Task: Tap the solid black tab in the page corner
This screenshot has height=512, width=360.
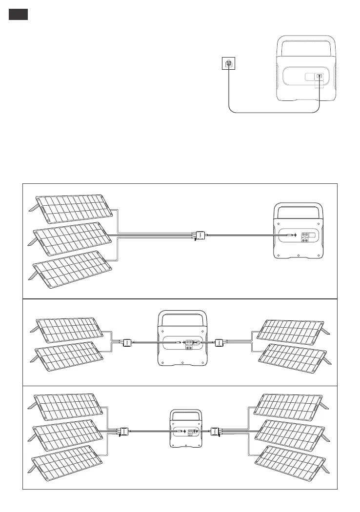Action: pos(18,14)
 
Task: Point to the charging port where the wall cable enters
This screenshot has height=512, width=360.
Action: pos(319,76)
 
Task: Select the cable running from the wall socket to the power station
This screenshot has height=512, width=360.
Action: pos(273,113)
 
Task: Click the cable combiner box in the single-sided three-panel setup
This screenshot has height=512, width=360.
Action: pos(199,236)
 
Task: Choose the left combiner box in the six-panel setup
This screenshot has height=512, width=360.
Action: pos(124,431)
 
